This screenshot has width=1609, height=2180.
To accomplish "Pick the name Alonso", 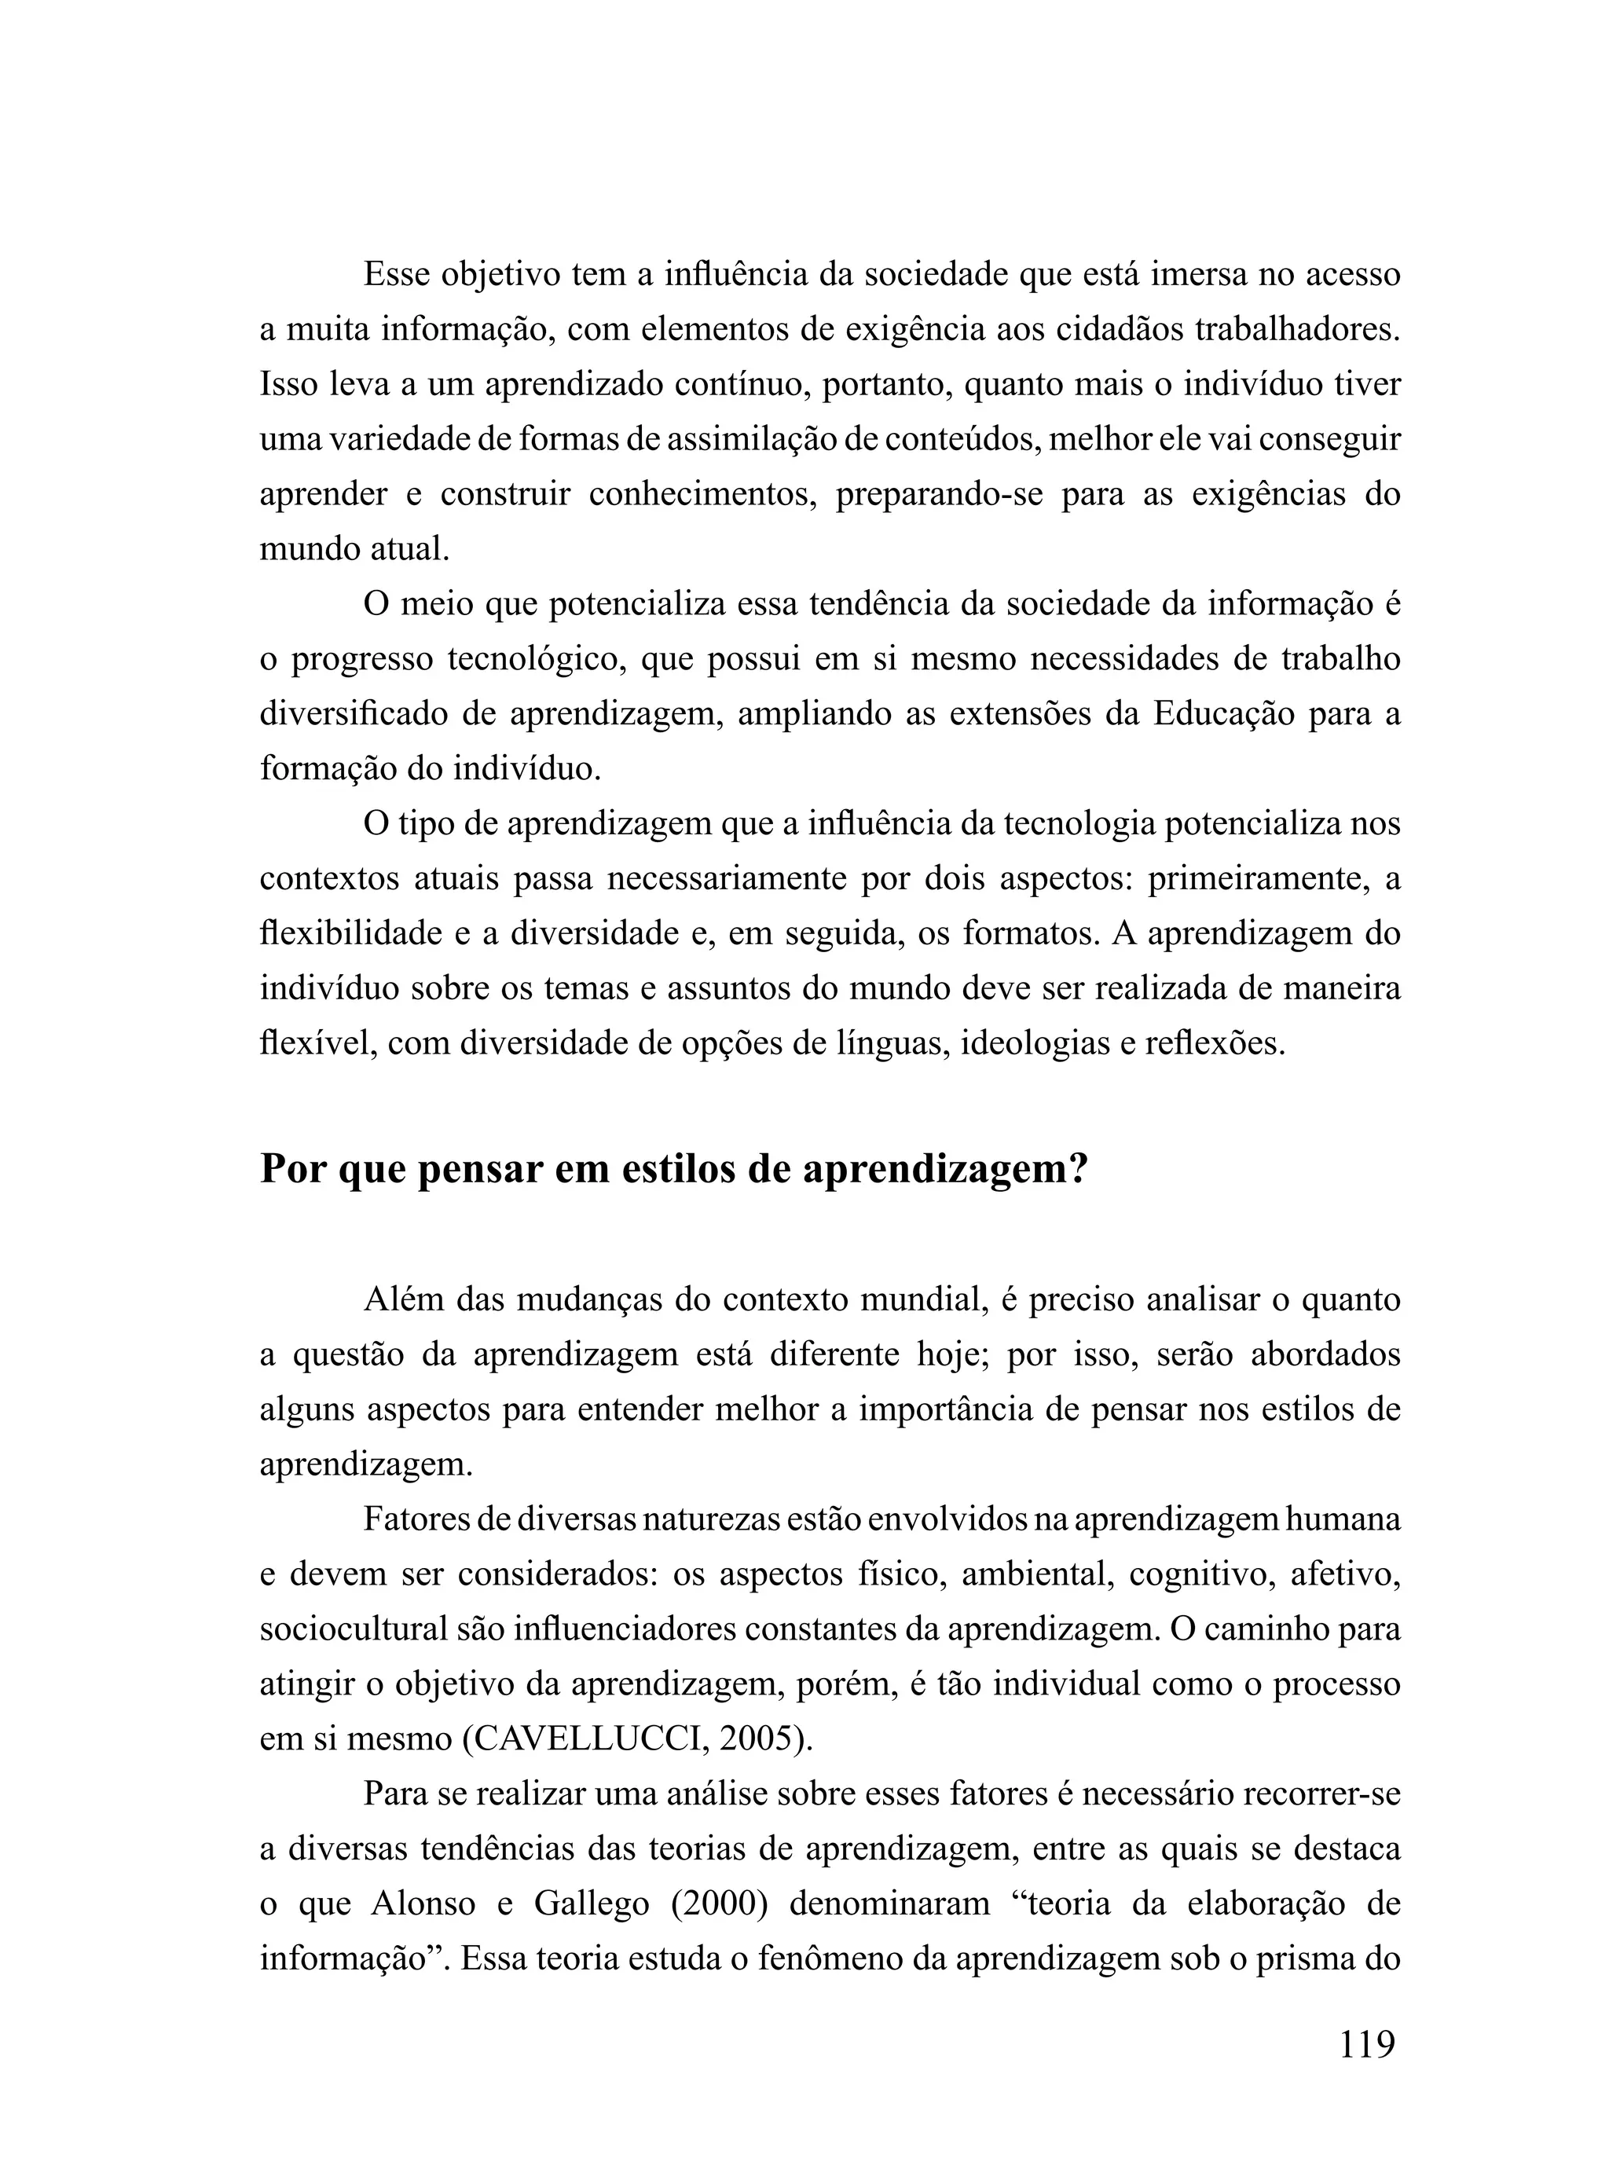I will tap(423, 1903).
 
